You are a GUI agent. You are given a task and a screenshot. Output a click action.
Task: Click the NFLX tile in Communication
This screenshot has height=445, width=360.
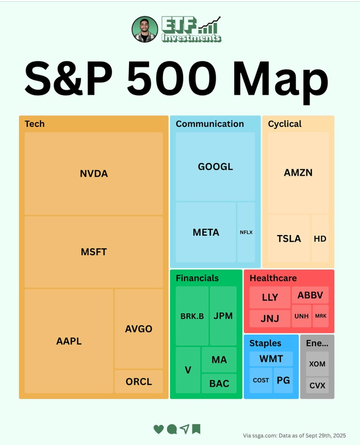(x=246, y=232)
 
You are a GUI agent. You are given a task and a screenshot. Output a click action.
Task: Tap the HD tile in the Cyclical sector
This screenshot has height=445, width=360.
(x=320, y=239)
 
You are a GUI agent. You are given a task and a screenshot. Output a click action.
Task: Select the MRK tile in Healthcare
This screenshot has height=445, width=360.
(x=321, y=316)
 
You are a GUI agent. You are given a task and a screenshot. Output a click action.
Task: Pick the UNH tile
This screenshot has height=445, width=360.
(x=301, y=316)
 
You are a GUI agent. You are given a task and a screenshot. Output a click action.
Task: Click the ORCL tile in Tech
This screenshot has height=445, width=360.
(x=139, y=381)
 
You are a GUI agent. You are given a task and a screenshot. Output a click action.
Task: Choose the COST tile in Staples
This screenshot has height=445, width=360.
(x=261, y=380)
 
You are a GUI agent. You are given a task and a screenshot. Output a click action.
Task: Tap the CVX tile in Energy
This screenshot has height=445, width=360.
(x=317, y=385)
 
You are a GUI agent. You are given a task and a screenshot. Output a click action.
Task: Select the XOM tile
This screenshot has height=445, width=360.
(x=317, y=364)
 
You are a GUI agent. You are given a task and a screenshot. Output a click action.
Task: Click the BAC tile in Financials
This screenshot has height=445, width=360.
(x=219, y=383)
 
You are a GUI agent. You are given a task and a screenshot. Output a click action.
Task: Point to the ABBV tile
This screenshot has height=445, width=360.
(x=310, y=295)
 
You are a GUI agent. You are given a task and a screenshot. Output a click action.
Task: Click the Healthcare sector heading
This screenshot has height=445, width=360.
(x=273, y=278)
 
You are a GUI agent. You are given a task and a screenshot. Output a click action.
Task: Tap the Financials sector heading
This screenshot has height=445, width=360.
(x=197, y=278)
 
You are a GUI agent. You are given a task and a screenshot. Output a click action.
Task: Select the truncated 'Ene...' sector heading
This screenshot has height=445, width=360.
(x=317, y=343)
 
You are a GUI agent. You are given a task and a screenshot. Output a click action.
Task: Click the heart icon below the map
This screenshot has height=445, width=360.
(x=159, y=429)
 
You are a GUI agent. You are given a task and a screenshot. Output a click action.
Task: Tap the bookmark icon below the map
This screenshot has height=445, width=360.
(x=196, y=429)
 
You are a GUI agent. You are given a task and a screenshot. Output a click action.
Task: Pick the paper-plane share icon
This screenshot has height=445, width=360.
(x=184, y=429)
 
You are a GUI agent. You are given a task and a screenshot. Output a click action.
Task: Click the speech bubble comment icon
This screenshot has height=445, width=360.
(x=172, y=429)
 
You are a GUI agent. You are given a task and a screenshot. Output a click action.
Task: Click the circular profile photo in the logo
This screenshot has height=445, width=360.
(x=145, y=29)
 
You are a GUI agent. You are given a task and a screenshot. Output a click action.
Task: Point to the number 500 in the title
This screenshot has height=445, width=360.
(x=172, y=78)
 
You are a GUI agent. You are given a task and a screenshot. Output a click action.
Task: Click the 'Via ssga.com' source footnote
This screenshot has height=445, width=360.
(x=294, y=435)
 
